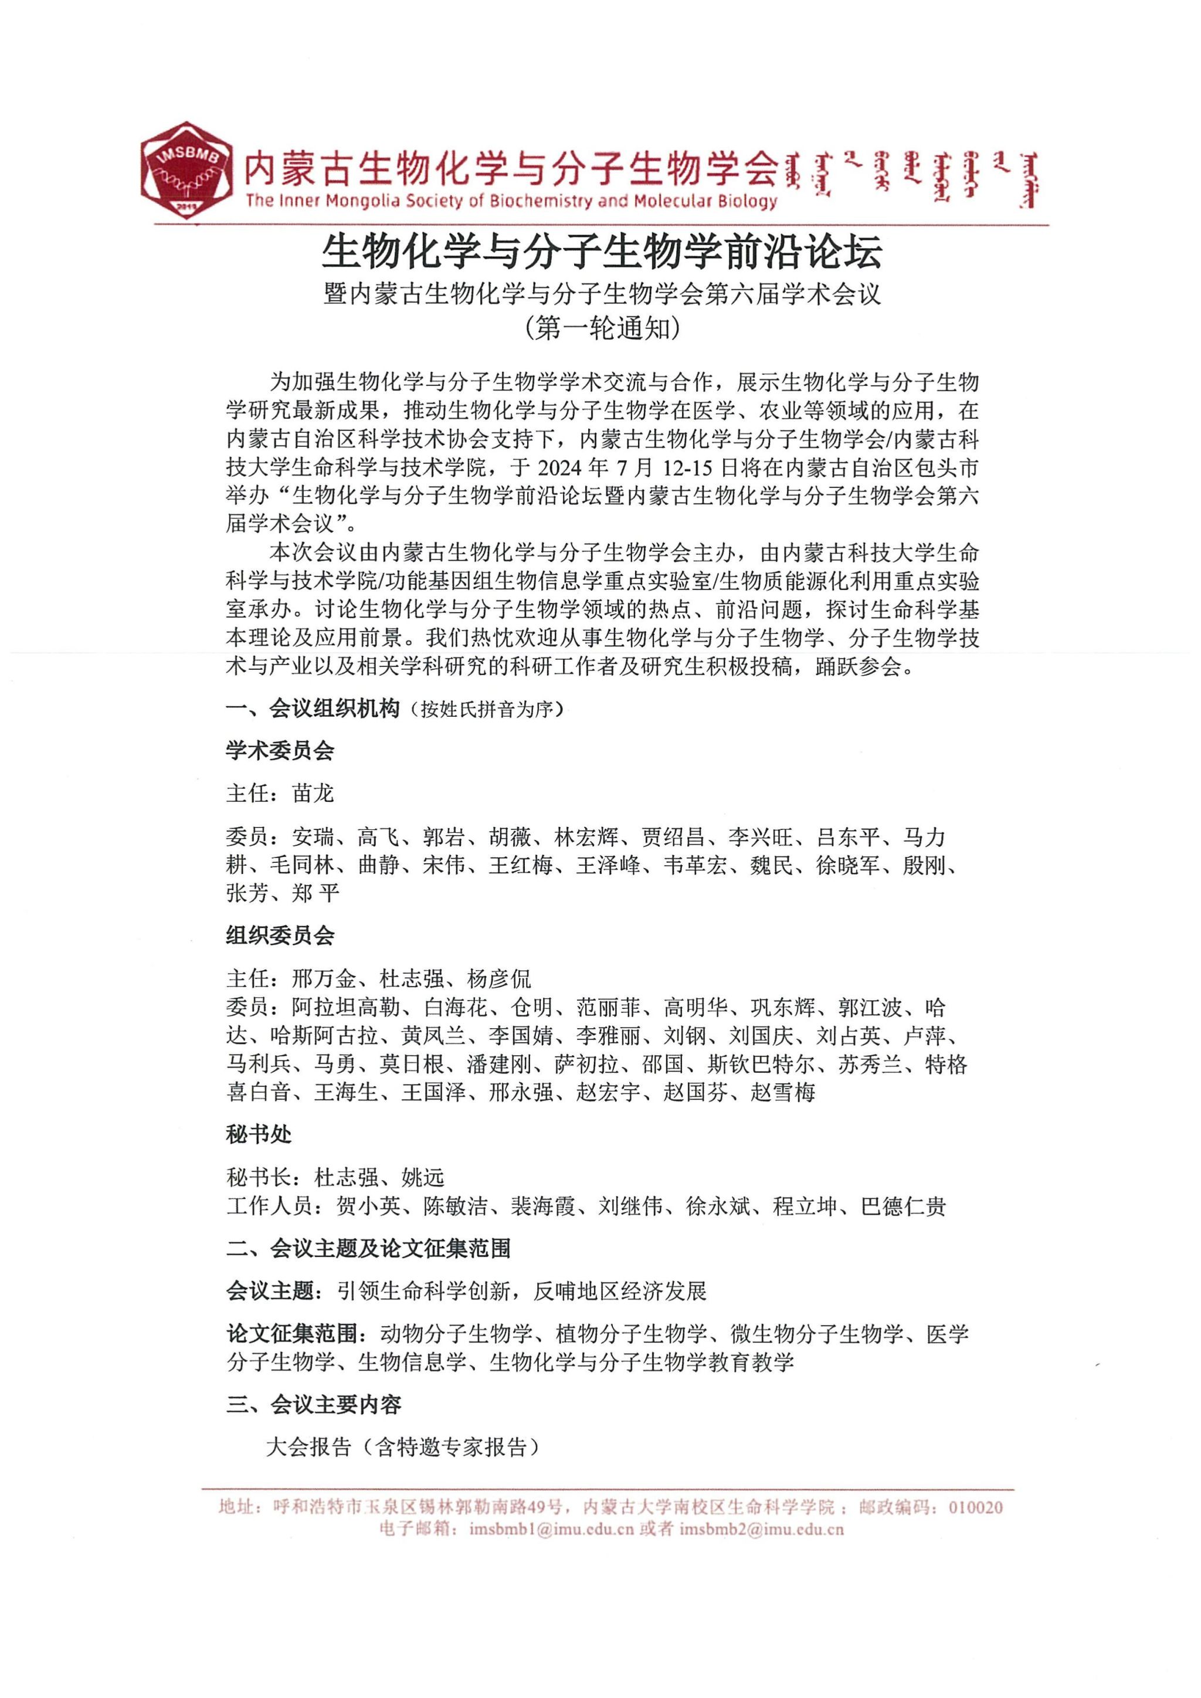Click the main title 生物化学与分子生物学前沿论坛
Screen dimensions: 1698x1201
[x=601, y=252]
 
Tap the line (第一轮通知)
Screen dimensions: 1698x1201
[x=601, y=328]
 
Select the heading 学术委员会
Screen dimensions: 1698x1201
[x=280, y=751]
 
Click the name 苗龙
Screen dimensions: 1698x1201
[x=314, y=794]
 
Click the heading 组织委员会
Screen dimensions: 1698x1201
[x=280, y=936]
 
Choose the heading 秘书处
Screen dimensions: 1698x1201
[x=259, y=1134]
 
